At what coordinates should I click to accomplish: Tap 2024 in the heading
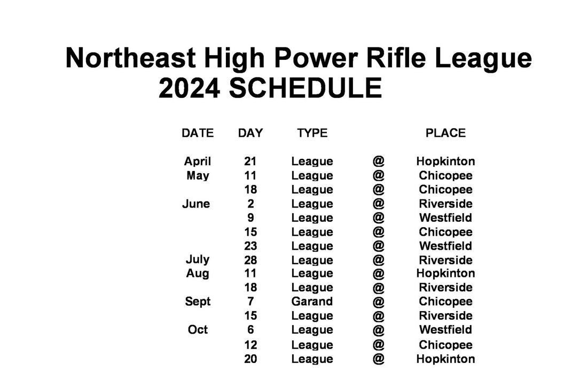click(189, 88)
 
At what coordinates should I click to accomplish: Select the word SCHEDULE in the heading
click(305, 88)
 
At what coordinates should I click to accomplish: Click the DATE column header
click(198, 133)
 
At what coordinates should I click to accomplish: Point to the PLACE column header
click(445, 133)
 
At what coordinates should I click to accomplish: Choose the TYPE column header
click(312, 133)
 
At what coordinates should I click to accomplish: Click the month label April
click(198, 161)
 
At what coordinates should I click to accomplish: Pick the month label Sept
click(198, 301)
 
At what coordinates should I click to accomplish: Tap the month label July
click(198, 260)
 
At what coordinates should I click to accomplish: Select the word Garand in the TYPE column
click(312, 301)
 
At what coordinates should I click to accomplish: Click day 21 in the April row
click(250, 161)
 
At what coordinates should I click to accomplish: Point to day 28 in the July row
click(250, 260)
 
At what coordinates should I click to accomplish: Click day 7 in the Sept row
click(251, 301)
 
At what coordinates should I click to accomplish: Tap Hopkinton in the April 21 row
click(445, 161)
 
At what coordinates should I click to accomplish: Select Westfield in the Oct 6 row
click(445, 330)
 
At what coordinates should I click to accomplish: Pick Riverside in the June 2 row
click(445, 204)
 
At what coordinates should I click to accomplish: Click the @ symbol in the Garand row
click(379, 302)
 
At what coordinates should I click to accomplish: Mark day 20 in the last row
click(250, 359)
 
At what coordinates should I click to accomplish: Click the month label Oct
click(198, 330)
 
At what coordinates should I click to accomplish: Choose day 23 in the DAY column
click(250, 246)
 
